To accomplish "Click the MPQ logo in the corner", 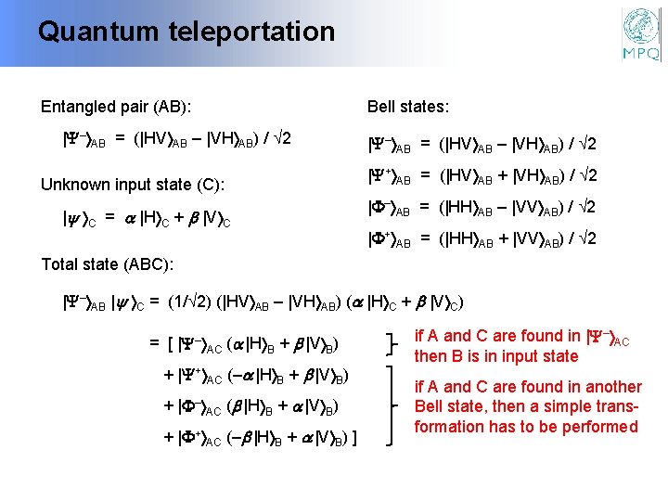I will tap(641, 34).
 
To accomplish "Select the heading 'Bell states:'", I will tap(408, 107).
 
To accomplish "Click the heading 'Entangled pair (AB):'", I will tap(122, 107).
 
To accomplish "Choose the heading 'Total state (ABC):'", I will tap(108, 264).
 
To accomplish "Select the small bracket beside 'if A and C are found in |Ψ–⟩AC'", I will tap(396, 344).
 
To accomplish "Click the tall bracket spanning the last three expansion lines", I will tap(396, 405).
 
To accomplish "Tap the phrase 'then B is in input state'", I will tap(496, 356).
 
